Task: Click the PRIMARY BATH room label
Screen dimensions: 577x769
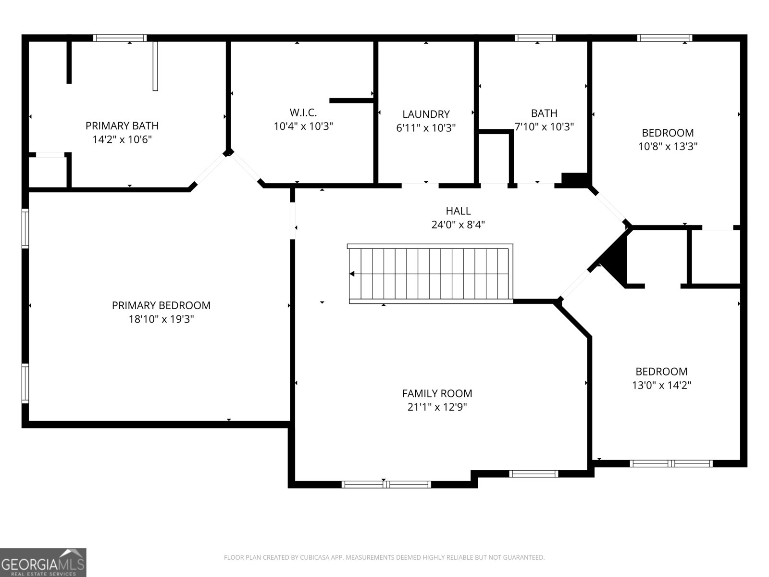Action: (x=122, y=126)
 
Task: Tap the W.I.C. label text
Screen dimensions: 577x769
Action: (x=303, y=113)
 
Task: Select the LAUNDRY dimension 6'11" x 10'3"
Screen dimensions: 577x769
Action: (x=426, y=128)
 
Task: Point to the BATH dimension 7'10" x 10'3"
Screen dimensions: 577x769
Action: (x=544, y=127)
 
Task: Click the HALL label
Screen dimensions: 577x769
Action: (x=458, y=211)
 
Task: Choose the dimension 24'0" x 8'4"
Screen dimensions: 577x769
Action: (x=458, y=225)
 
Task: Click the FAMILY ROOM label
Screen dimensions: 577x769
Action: (x=437, y=393)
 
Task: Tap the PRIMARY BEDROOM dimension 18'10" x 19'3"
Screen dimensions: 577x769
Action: (x=161, y=319)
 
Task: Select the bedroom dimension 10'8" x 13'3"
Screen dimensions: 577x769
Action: (x=668, y=146)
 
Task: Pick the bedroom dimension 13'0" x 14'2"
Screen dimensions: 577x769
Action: (x=661, y=385)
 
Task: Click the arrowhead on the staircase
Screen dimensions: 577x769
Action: (x=352, y=274)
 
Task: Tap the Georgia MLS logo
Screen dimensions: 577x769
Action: (x=43, y=562)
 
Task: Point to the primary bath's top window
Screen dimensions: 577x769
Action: (x=120, y=38)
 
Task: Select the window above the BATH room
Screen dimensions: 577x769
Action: (x=535, y=38)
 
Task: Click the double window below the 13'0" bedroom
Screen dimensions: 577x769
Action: (x=671, y=464)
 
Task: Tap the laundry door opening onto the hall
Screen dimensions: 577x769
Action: (x=420, y=185)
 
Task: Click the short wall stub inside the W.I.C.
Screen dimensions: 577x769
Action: (x=351, y=100)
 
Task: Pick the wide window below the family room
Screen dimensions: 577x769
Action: (x=386, y=484)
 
